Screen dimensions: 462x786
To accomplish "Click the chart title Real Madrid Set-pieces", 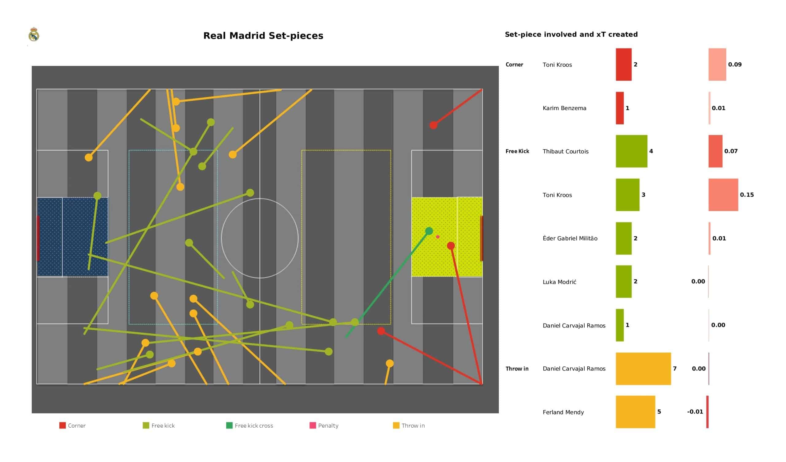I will click(x=263, y=36).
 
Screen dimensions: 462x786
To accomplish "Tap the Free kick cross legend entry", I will click(x=250, y=425).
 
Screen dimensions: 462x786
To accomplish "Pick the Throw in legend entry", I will click(x=409, y=425).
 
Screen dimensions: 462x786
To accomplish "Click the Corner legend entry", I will click(x=72, y=425).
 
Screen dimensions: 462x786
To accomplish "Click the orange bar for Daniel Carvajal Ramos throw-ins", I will click(x=643, y=369).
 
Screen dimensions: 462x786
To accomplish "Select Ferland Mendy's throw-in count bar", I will click(x=635, y=412).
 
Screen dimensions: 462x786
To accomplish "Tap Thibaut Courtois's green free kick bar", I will click(x=631, y=151).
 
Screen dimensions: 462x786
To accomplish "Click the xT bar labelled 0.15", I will click(x=723, y=195).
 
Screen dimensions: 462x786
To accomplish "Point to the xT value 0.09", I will click(x=734, y=65).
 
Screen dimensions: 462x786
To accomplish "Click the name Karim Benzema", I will click(x=564, y=108).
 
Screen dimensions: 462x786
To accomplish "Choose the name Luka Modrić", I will click(x=559, y=282).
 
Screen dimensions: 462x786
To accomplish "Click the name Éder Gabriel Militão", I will click(x=570, y=238).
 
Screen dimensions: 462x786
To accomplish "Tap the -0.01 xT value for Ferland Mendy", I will click(x=695, y=412).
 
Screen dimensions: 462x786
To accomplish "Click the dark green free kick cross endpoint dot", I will click(x=429, y=231).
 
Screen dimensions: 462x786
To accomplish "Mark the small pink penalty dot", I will click(x=438, y=237).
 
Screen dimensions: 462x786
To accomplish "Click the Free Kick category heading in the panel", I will click(x=517, y=151).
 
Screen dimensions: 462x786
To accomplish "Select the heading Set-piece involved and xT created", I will click(x=571, y=34).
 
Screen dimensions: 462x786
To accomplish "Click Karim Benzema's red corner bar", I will click(x=620, y=108).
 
